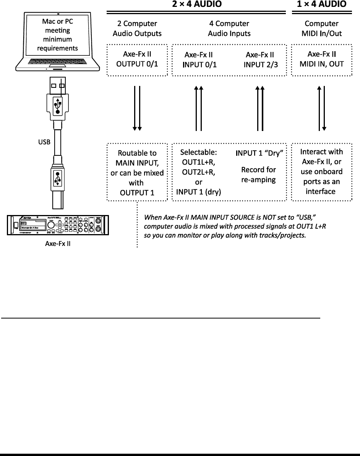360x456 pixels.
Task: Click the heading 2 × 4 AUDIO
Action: (x=196, y=4)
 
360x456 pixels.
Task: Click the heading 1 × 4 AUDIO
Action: (x=322, y=4)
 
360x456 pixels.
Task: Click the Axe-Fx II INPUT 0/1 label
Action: (x=199, y=59)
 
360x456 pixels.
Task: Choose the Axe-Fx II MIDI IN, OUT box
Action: (x=321, y=59)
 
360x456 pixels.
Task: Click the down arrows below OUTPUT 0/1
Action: (x=137, y=108)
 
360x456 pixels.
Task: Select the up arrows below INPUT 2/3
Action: (x=260, y=108)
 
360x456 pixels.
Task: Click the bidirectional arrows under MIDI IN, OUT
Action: (x=321, y=108)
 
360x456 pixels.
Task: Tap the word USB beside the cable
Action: (x=44, y=142)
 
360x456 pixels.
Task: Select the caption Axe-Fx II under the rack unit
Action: (x=57, y=244)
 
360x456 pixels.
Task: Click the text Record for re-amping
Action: (x=259, y=175)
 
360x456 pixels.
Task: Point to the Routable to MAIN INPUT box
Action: (x=137, y=172)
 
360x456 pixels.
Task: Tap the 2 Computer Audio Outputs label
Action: (x=137, y=29)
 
